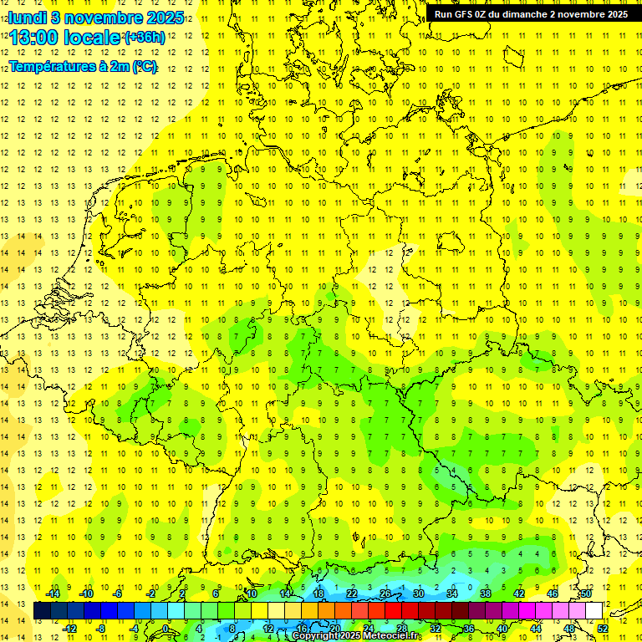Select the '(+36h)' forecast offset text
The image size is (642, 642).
click(145, 38)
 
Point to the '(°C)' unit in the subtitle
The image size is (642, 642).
click(144, 66)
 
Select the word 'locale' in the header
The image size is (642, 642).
click(91, 38)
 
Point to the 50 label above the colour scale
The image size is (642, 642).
click(586, 594)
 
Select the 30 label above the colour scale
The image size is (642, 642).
click(418, 594)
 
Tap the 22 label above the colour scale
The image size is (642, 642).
click(351, 594)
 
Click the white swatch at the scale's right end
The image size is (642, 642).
click(594, 611)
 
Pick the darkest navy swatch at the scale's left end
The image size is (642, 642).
click(42, 611)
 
